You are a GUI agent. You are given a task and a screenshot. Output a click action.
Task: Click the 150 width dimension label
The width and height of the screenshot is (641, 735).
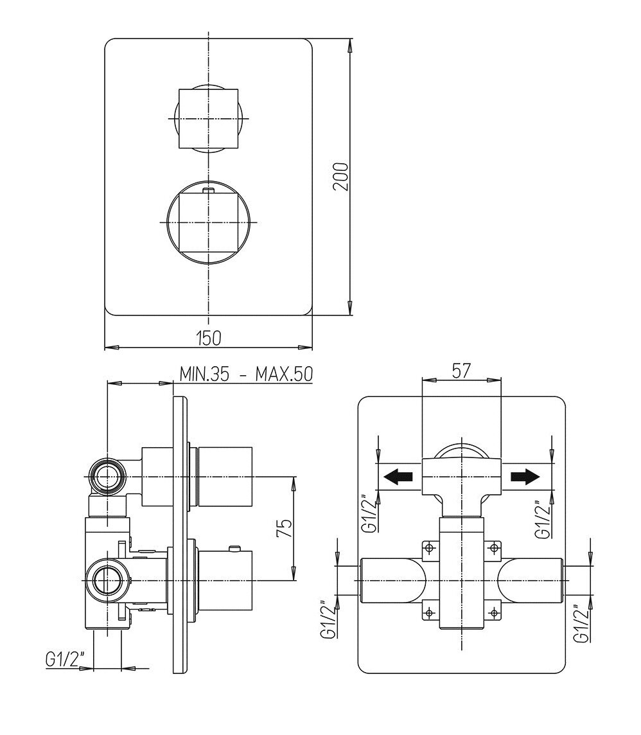pos(209,337)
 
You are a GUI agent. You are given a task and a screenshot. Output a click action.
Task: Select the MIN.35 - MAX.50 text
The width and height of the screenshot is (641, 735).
pos(246,374)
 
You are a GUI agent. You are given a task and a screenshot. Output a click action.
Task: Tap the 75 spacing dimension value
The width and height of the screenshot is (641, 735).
pos(286,528)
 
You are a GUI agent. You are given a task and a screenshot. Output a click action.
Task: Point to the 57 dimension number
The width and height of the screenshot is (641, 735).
pos(461,371)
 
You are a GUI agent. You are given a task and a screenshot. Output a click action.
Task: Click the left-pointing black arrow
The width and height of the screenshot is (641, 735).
pos(398,477)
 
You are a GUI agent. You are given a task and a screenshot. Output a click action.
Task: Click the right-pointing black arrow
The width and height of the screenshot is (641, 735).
pos(525,477)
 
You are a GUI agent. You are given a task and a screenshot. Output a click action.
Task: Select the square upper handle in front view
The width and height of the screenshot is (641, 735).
pos(208,119)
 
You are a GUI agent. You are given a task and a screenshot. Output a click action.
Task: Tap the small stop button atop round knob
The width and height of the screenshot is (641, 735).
pos(208,190)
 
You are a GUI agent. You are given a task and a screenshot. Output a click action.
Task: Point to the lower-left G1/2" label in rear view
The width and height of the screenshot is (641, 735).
pos(328,619)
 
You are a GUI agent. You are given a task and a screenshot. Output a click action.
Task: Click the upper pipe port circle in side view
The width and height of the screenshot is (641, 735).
pos(109,477)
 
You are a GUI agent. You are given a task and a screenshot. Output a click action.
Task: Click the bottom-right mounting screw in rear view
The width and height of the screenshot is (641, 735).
pos(493,612)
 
